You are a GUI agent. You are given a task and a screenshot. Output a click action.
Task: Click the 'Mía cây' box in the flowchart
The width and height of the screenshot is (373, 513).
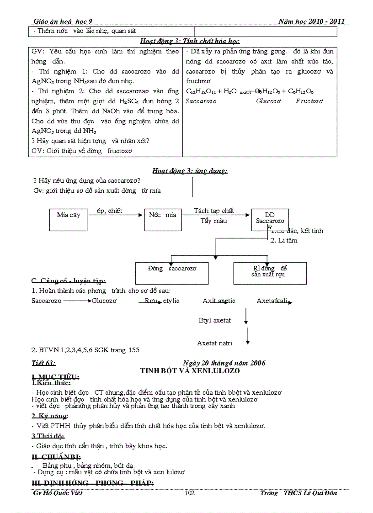(68, 220)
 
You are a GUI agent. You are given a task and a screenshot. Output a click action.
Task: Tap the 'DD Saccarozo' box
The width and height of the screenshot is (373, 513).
(270, 218)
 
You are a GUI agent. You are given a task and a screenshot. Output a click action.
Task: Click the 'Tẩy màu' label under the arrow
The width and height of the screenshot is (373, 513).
(213, 221)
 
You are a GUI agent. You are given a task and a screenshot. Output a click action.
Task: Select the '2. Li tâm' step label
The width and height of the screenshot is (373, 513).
(284, 240)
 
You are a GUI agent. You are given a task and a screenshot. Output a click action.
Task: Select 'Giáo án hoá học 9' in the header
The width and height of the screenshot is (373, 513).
(66, 21)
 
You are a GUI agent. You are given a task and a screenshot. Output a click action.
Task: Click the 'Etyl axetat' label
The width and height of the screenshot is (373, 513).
(215, 320)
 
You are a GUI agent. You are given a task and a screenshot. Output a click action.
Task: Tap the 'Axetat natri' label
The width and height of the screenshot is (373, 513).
(214, 343)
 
